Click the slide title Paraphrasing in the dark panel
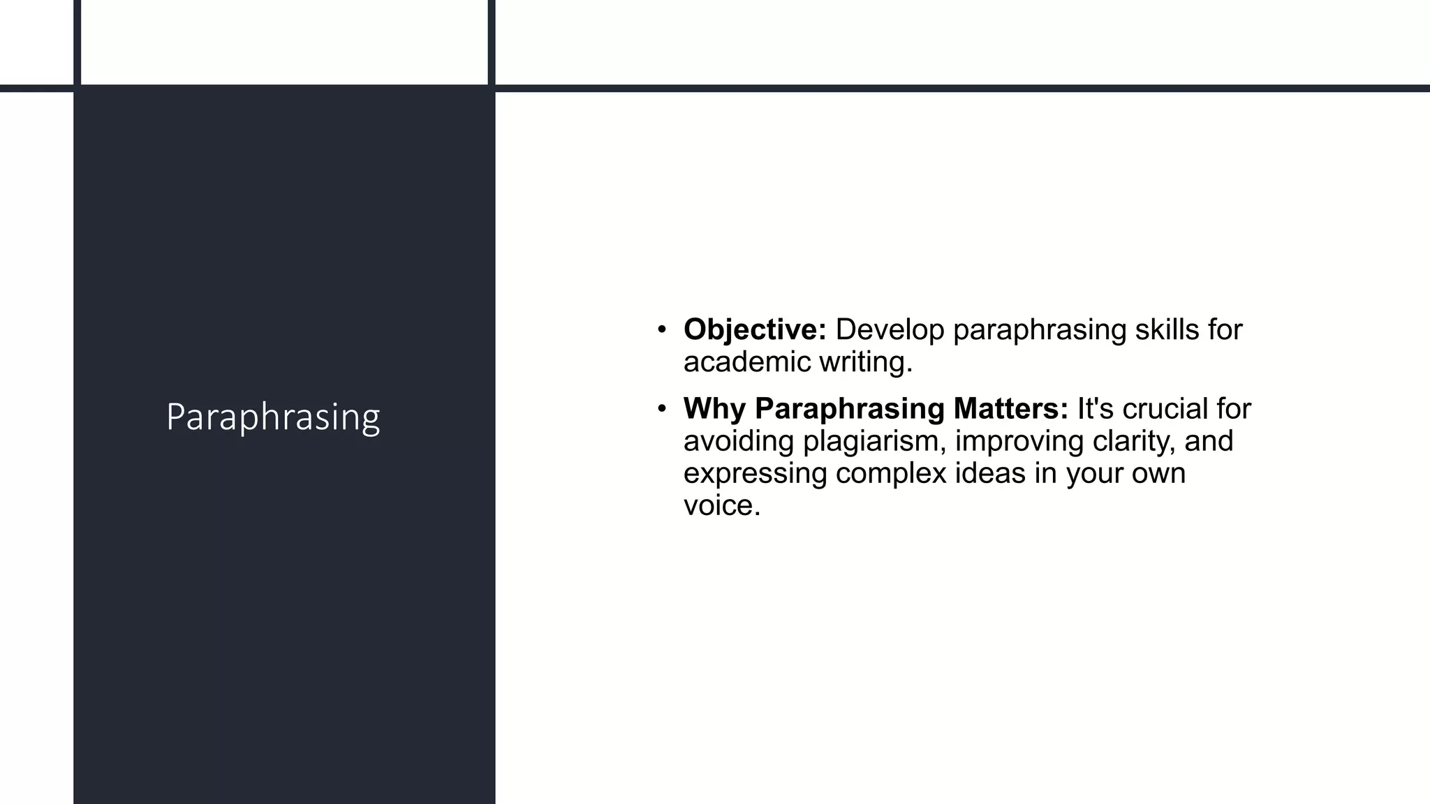point(273,417)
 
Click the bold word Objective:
point(755,329)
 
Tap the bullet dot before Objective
point(662,329)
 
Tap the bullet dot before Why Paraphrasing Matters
point(662,408)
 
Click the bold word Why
point(714,408)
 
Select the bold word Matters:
point(1011,408)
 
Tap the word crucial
point(1165,408)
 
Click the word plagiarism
point(874,441)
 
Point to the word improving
point(1019,441)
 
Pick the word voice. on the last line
point(721,505)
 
